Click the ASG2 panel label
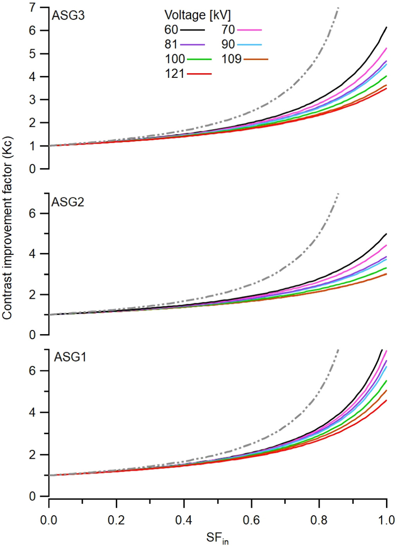68,202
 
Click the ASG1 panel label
70,357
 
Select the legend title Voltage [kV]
198,15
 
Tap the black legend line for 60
192,30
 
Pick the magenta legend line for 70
249,30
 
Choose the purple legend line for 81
192,45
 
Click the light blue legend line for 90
249,45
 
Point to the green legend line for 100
199,59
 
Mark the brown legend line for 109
256,59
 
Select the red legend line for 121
199,73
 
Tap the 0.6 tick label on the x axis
251,520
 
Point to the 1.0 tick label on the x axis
386,520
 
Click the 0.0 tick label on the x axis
49,520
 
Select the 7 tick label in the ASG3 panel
33,7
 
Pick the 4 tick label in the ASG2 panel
33,254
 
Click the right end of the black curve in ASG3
386,27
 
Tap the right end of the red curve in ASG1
386,400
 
